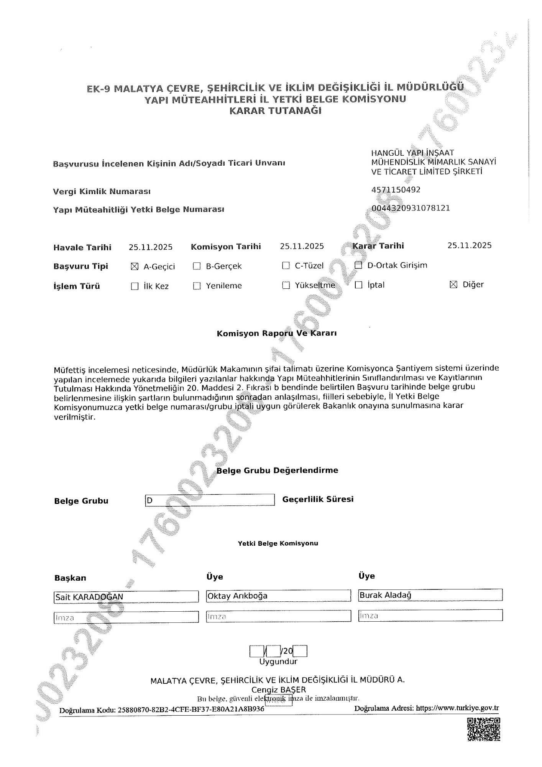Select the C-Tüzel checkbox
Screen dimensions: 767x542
click(x=286, y=266)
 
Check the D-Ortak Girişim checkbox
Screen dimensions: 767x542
click(x=358, y=265)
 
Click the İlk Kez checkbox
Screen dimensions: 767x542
click(x=135, y=286)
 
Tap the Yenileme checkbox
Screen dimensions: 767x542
click(x=197, y=286)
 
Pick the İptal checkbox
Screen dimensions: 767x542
click(x=358, y=285)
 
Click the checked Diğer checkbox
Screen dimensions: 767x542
click(x=453, y=285)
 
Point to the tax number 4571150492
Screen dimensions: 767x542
click(x=396, y=190)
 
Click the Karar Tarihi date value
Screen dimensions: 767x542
click(x=469, y=245)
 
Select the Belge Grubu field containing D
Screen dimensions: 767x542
click(x=210, y=500)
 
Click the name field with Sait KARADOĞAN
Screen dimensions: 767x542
click(x=126, y=597)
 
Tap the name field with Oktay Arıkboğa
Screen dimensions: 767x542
click(x=278, y=596)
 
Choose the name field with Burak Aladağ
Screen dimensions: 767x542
click(x=430, y=595)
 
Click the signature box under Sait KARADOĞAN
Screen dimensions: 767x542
click(x=126, y=617)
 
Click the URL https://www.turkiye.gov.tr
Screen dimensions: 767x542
click(x=457, y=708)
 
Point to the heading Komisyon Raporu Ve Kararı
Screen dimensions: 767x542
click(x=277, y=333)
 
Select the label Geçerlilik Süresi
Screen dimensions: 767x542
click(x=318, y=499)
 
